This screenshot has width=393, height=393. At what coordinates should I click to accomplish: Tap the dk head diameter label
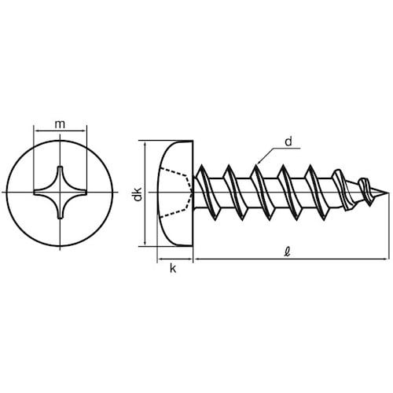pos(137,194)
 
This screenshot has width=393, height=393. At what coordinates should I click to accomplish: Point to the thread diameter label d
pos(288,141)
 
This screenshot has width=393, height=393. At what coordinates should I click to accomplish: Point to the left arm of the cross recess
pos(39,193)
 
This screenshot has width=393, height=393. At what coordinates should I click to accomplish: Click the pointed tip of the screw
pos(386,193)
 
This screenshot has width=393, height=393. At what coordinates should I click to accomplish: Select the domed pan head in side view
pos(174,193)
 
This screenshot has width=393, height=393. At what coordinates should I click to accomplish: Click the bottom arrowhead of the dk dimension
pos(145,243)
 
